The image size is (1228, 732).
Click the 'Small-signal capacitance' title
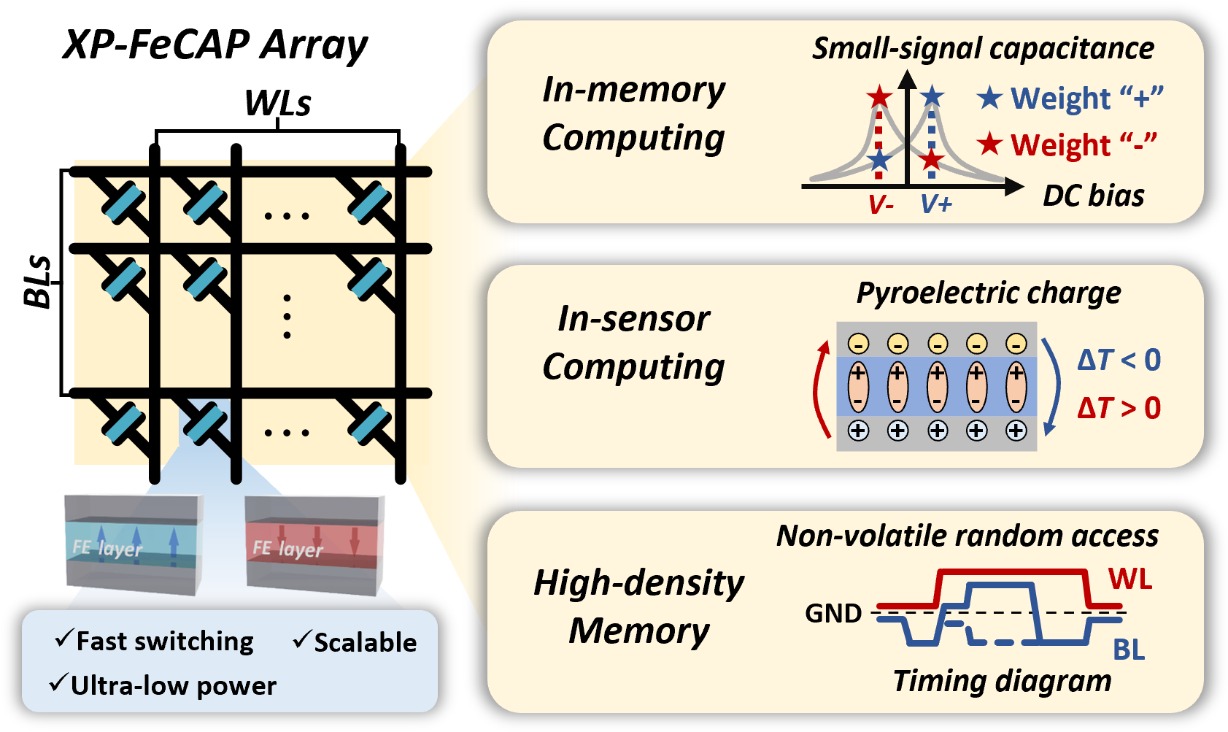tap(983, 49)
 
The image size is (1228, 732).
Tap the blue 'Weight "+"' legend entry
tap(1070, 99)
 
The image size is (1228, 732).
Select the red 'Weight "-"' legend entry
tap(1067, 145)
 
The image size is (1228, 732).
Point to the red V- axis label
tap(881, 205)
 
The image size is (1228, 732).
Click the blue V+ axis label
tap(936, 204)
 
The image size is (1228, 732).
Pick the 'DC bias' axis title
tap(1093, 196)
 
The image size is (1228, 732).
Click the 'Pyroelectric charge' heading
tap(989, 293)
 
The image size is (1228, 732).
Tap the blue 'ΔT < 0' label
tap(1119, 360)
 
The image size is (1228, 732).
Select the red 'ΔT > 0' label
tap(1119, 408)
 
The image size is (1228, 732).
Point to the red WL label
tap(1130, 579)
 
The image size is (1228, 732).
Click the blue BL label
tap(1129, 649)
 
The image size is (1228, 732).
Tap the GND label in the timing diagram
tap(833, 614)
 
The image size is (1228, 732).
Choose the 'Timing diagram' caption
tap(1002, 681)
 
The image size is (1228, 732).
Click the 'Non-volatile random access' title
tap(967, 536)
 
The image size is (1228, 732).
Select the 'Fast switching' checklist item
tap(155, 641)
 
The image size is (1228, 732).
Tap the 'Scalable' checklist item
tap(355, 642)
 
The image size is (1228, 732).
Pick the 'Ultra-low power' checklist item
tap(163, 685)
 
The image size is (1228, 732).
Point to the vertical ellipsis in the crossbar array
tap(287, 317)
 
